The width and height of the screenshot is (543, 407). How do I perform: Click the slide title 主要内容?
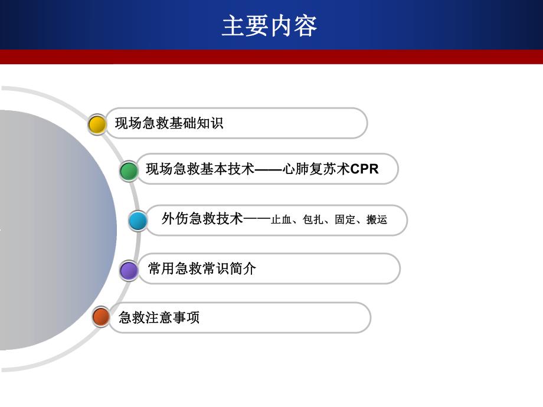270,26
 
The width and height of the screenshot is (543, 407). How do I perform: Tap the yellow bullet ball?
97,124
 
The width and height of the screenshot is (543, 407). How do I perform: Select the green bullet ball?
129,171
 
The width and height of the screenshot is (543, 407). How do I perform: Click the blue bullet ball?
138,221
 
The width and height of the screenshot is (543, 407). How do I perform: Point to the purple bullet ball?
129,271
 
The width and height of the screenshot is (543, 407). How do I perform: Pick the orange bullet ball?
101,317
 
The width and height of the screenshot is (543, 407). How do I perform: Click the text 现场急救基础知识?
169,123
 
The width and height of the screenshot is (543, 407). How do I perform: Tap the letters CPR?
364,169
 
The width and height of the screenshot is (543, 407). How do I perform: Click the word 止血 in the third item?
280,220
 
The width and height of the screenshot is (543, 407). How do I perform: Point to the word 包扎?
312,220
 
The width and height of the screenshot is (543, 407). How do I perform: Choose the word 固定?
344,220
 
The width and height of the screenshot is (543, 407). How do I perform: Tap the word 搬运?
377,220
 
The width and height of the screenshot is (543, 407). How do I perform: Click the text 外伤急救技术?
202,219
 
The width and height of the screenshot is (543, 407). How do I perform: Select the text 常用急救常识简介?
202,269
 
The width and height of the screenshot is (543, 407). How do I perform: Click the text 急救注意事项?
159,317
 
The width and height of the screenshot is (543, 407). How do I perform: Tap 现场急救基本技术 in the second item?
200,169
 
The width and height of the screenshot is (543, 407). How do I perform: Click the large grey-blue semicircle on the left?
53,230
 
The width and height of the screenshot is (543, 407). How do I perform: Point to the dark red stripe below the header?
271,57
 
